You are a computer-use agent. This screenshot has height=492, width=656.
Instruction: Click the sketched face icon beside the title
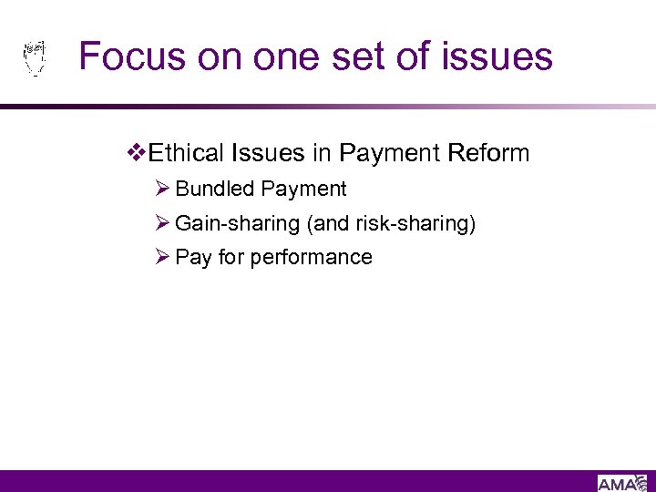(x=35, y=56)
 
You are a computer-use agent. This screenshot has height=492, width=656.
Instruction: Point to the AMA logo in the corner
(x=624, y=483)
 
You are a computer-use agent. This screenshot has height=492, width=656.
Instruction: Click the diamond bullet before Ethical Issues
(x=138, y=152)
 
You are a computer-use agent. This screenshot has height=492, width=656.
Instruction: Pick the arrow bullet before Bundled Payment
(x=163, y=189)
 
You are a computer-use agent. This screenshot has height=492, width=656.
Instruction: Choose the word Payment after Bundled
(x=303, y=189)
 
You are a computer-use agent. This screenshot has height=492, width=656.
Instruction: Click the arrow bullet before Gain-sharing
(x=163, y=223)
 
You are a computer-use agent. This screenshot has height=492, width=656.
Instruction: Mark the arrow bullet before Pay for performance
(x=163, y=257)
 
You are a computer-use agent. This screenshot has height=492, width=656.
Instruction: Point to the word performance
(x=311, y=257)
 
